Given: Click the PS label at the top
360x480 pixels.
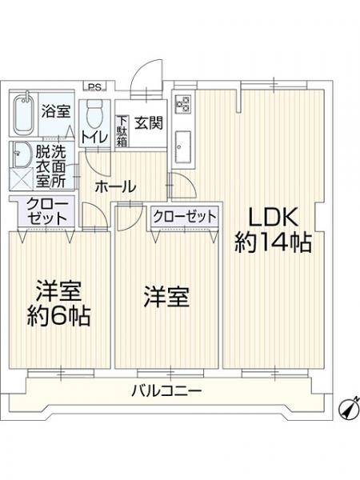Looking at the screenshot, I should pos(95,87).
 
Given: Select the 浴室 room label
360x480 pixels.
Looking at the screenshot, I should pos(57,111).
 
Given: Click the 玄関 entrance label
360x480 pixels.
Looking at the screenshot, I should pos(147,123).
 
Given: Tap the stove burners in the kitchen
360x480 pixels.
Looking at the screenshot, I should pos(182,105).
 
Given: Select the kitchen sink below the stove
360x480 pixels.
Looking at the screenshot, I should pos(182,146).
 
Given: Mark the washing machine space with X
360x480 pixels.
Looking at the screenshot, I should pos(22,179).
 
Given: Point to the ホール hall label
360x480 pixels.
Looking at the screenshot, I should pos(115,187).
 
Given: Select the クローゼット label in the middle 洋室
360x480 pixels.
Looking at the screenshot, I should pos(184,216).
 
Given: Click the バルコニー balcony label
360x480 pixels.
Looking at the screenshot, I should pos(166,391).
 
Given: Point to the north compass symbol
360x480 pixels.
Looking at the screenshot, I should pos(346,409).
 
